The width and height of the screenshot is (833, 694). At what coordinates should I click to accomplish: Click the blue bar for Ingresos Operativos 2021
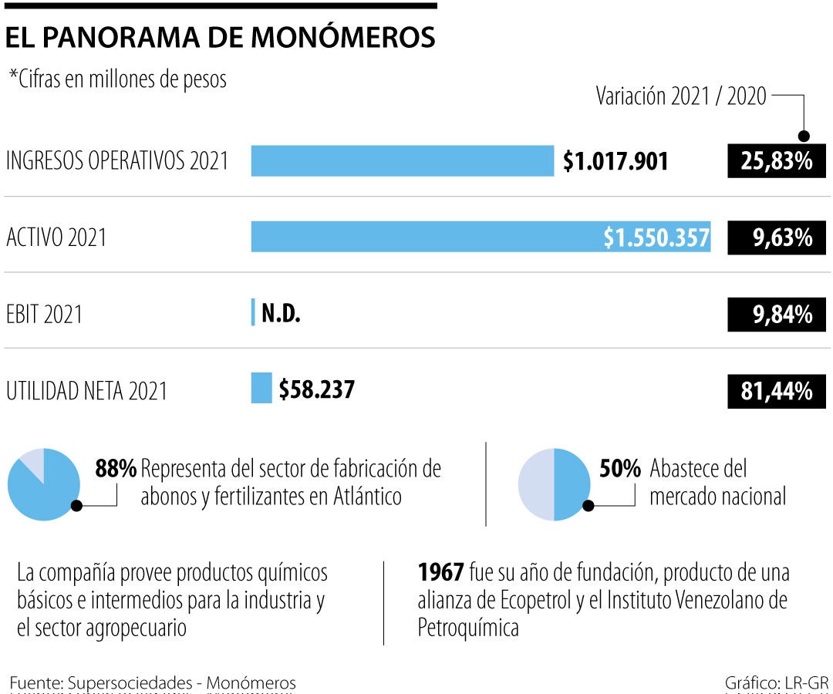pyautogui.click(x=402, y=161)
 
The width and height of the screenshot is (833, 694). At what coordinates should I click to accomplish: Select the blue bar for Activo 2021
pyautogui.click(x=424, y=238)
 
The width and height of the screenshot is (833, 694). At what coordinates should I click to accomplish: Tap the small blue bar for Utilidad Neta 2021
pyautogui.click(x=261, y=388)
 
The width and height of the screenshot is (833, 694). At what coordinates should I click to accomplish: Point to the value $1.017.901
pyautogui.click(x=615, y=161)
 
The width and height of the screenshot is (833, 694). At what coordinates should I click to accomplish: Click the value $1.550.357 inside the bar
pyautogui.click(x=656, y=238)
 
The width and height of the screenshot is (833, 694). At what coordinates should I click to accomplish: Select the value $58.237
pyautogui.click(x=316, y=389)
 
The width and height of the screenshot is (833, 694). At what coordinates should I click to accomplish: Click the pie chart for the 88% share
pyautogui.click(x=44, y=484)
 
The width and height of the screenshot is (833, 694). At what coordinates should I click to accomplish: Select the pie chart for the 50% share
pyautogui.click(x=554, y=484)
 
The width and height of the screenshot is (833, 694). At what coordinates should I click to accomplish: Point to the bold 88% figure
pyautogui.click(x=116, y=469)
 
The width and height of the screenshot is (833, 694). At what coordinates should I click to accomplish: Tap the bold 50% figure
pyautogui.click(x=620, y=469)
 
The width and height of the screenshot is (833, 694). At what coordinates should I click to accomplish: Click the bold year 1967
pyautogui.click(x=440, y=574)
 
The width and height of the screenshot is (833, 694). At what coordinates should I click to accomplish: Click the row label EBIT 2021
pyautogui.click(x=44, y=315)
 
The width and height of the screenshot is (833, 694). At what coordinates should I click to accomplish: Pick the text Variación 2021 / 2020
pyautogui.click(x=681, y=96)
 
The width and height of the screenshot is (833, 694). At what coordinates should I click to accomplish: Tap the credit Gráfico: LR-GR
pyautogui.click(x=776, y=682)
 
